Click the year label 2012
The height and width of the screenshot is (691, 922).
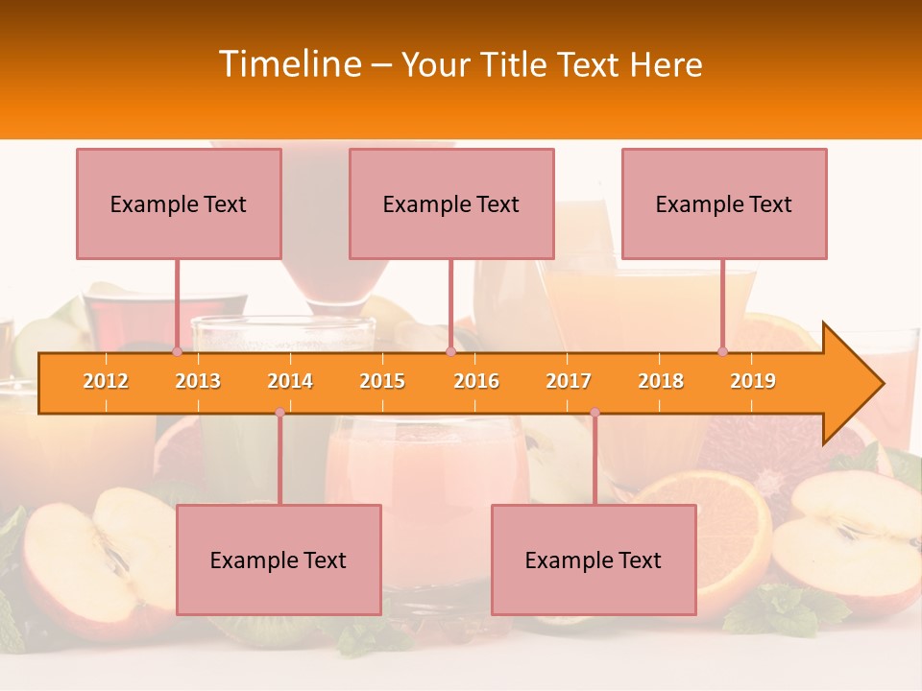tap(106, 381)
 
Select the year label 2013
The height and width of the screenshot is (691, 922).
tap(198, 381)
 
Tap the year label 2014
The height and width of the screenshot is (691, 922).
tap(290, 381)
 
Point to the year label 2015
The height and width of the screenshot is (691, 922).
tap(382, 381)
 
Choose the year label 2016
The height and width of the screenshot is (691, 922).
tap(476, 381)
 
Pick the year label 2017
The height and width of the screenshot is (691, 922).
tap(569, 381)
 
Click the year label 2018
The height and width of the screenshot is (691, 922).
tap(661, 381)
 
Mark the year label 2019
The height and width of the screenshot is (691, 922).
tap(753, 381)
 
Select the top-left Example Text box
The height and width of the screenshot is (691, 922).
tap(179, 203)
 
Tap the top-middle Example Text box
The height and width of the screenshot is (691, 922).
tap(451, 203)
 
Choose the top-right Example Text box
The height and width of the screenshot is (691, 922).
tap(724, 203)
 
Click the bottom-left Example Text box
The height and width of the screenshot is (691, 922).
tap(279, 560)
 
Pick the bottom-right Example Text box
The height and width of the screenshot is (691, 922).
tap(594, 560)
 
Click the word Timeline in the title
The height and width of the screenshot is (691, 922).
tap(290, 64)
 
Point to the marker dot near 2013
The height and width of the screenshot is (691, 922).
tap(178, 351)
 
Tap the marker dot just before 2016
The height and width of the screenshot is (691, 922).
tap(450, 351)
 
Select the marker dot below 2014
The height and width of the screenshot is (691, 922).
tap(279, 412)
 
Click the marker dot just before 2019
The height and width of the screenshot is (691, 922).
tap(723, 351)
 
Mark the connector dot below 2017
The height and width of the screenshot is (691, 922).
tap(594, 412)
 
